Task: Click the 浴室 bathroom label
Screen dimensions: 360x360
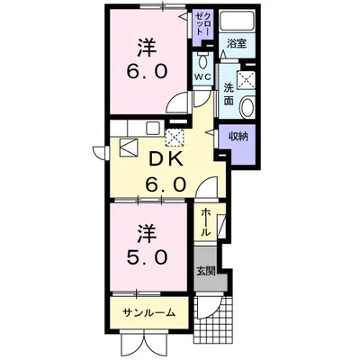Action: (x=237, y=42)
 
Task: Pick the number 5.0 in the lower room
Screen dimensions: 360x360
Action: (x=148, y=256)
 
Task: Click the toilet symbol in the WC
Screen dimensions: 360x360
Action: (x=202, y=59)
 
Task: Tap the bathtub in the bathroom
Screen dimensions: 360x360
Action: (x=238, y=22)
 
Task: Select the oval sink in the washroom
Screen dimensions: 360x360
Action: (x=249, y=106)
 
